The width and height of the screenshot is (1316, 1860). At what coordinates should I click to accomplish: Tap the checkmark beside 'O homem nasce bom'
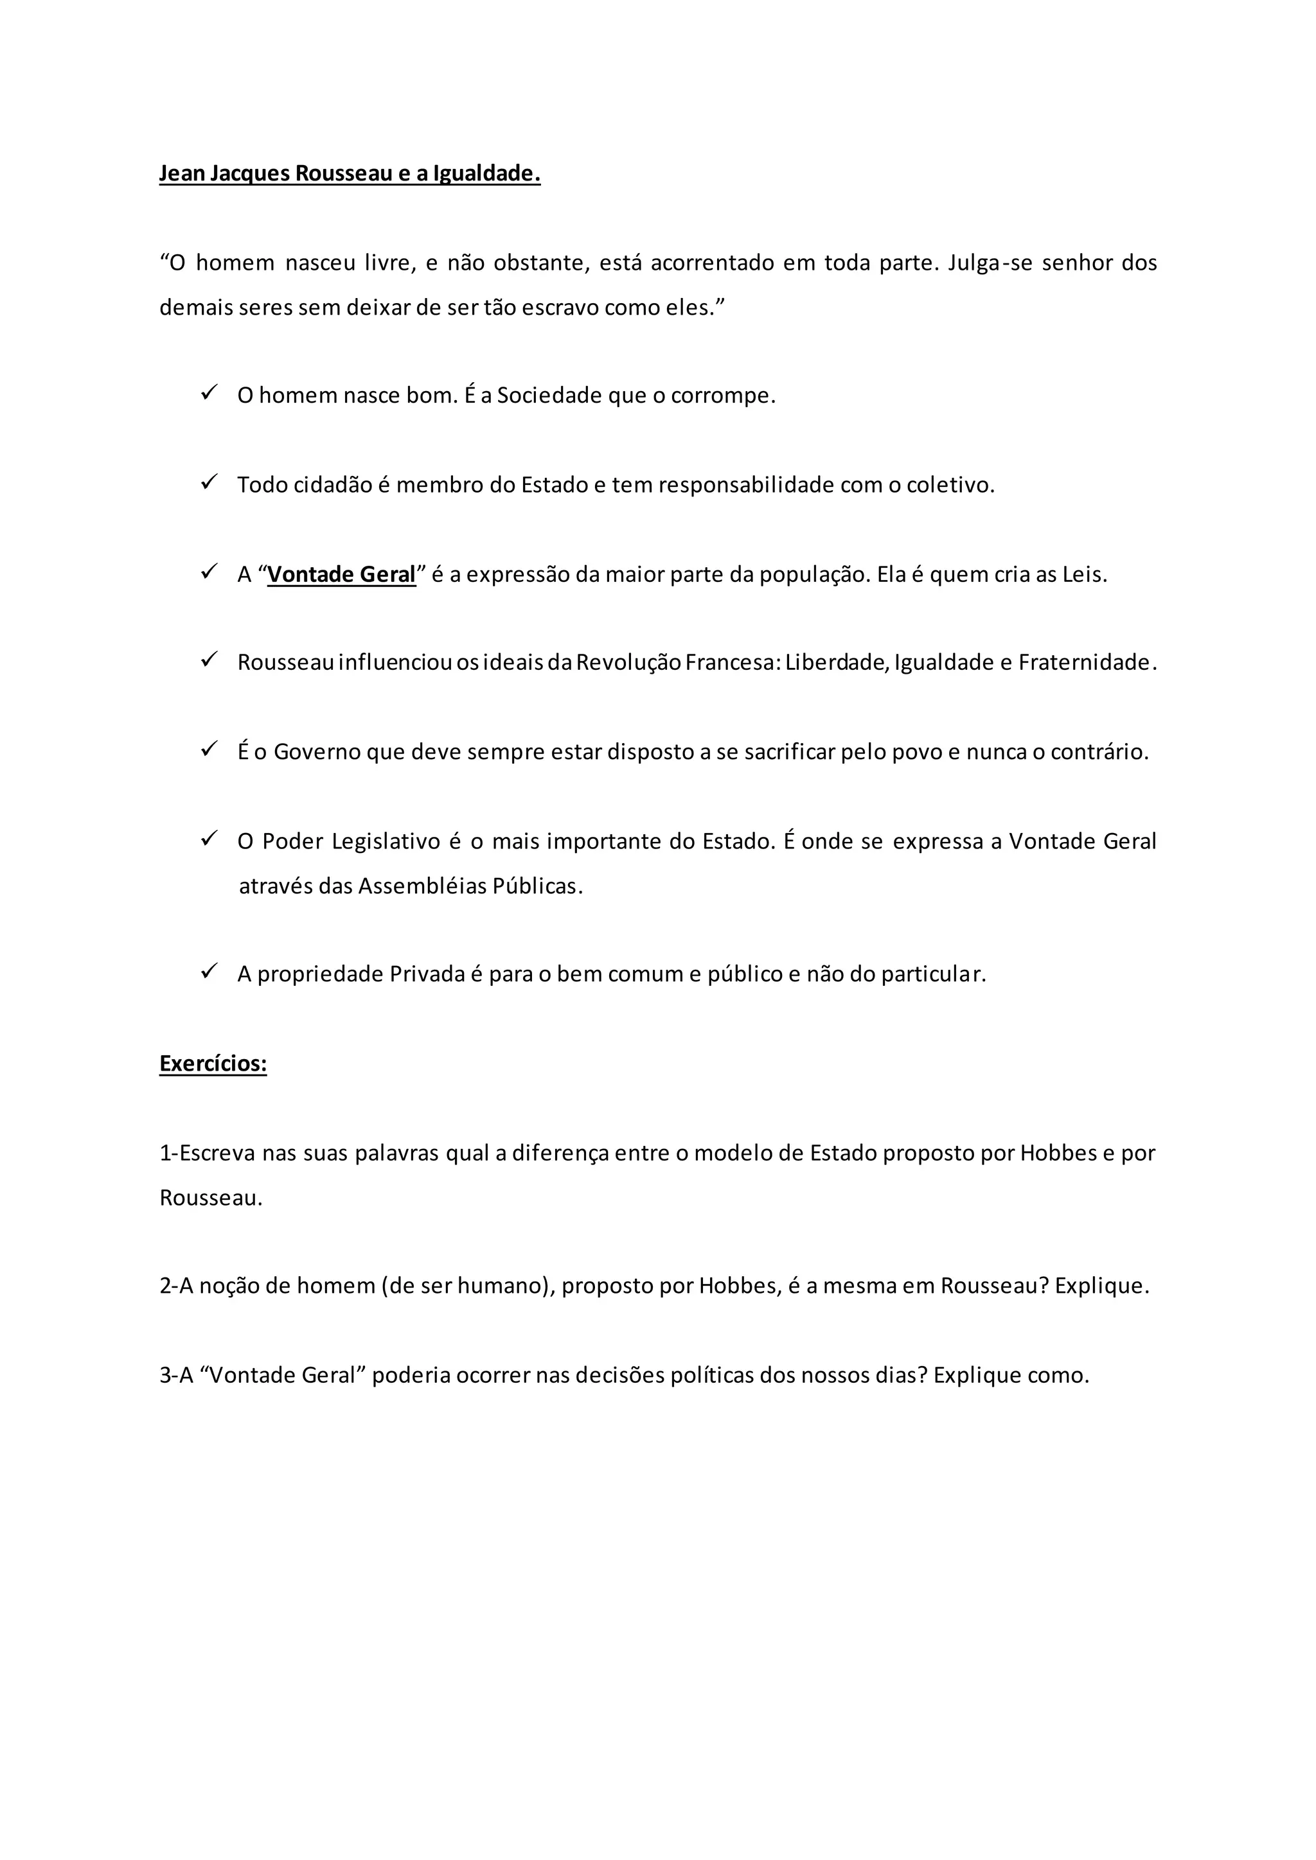coord(209,394)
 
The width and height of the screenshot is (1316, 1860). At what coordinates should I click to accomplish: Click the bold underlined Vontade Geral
coord(341,574)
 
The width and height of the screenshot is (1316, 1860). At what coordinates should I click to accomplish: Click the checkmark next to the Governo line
coord(209,750)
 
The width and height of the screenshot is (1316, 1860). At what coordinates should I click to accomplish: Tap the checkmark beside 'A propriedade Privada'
coord(209,971)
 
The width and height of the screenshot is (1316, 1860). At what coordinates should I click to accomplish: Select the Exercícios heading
coord(213,1063)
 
